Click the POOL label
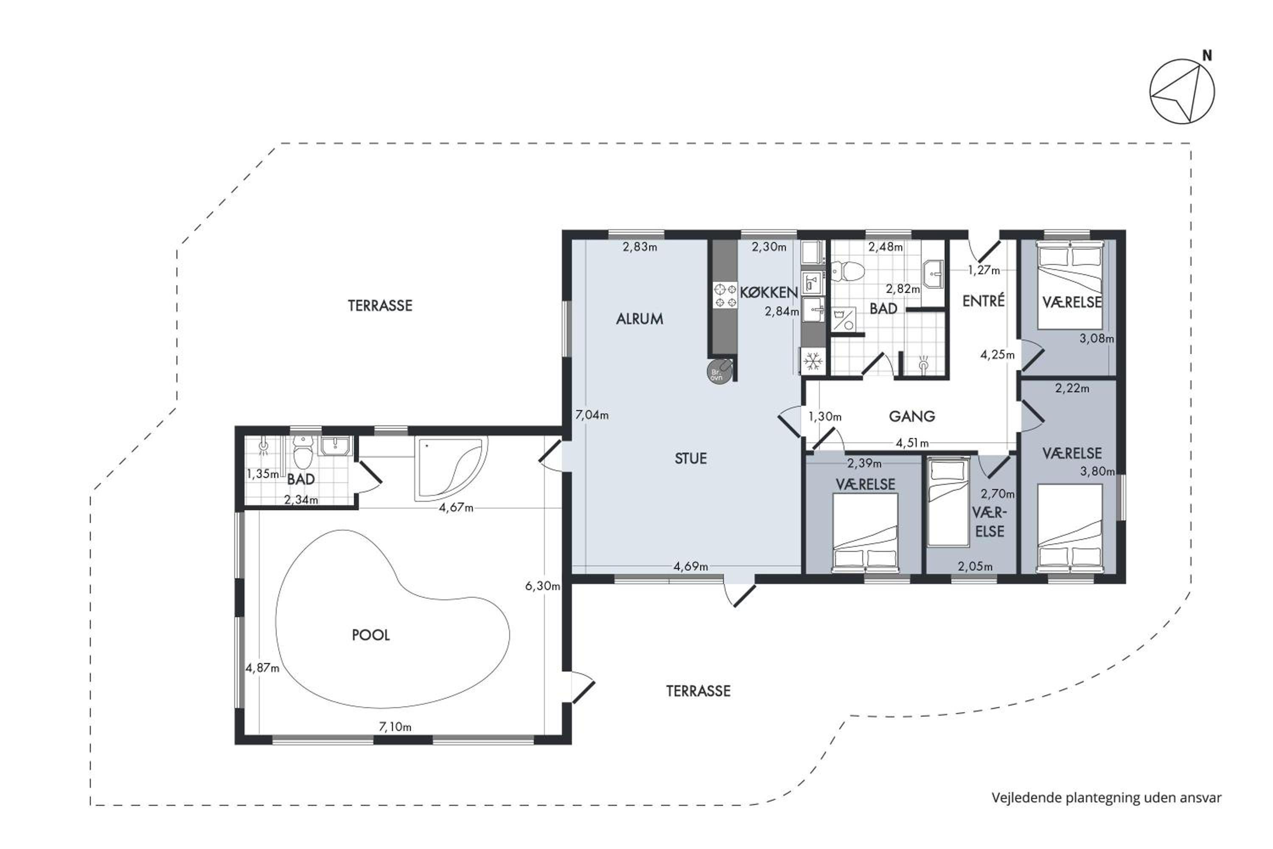371,635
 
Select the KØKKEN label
769,292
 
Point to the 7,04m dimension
592,415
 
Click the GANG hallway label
912,416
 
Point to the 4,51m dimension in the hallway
912,443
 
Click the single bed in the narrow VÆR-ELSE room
948,502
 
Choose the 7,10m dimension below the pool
395,727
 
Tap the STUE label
691,458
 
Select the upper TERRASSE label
380,306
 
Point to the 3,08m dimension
1096,339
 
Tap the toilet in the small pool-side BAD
303,454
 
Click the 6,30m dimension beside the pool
542,586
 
